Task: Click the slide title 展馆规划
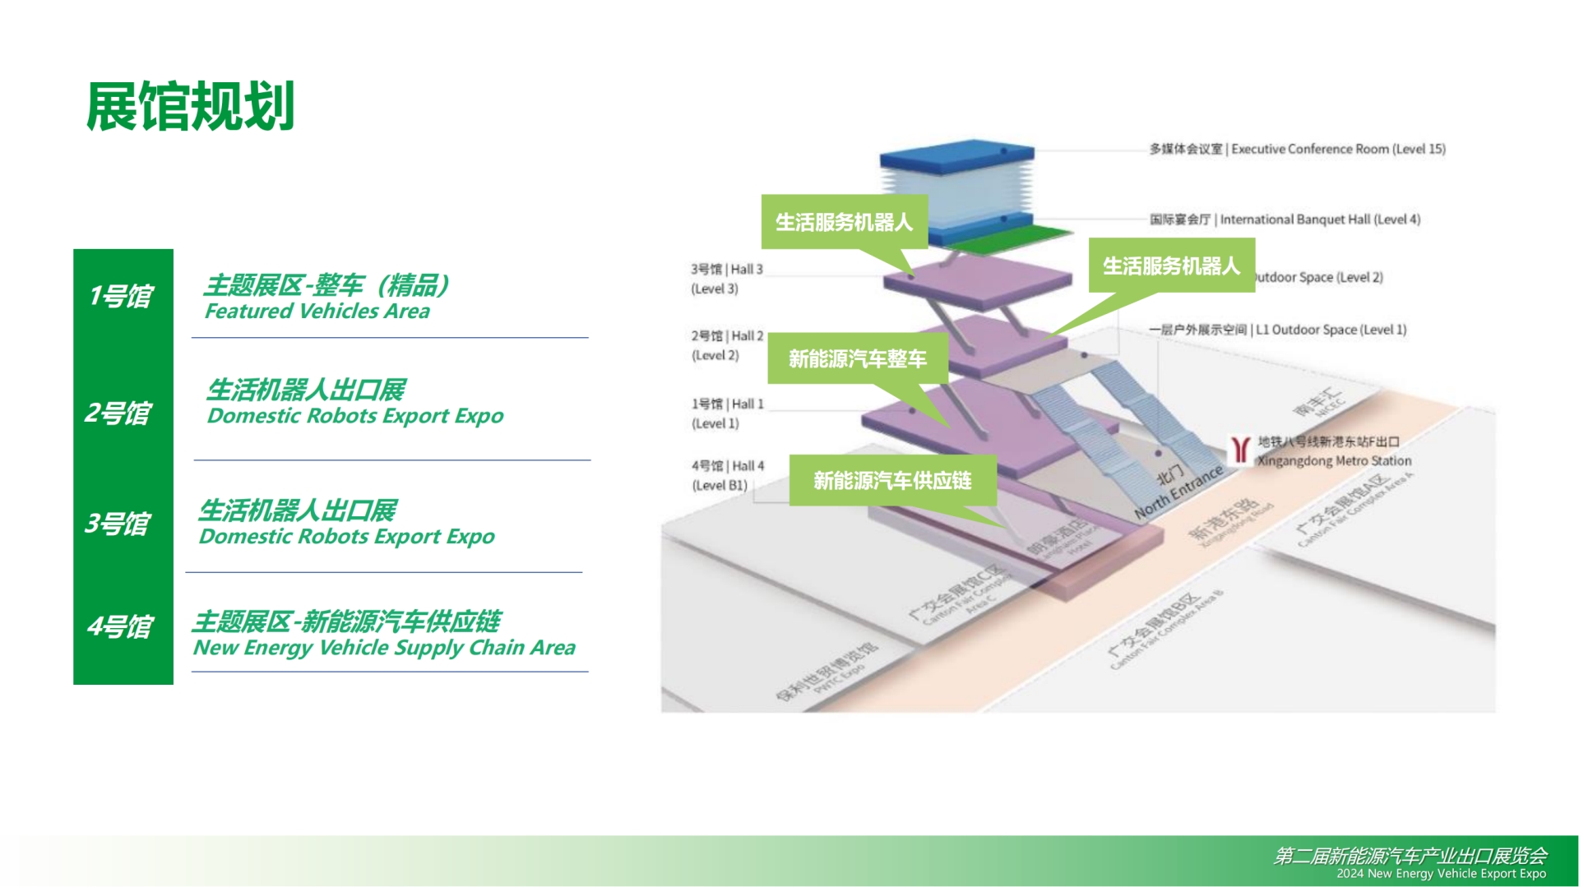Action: coord(190,107)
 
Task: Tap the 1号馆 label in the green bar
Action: coord(121,296)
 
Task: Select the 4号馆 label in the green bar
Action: coord(120,626)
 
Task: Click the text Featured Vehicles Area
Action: coord(317,312)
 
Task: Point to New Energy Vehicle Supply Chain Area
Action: coord(384,648)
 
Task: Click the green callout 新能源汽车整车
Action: coord(857,359)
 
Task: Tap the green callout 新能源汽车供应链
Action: coord(892,481)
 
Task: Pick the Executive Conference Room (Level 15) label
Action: coord(1297,149)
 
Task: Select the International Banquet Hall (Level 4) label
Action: coord(1285,219)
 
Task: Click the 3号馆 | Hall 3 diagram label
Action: coord(727,270)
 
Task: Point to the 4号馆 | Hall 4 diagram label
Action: coord(728,466)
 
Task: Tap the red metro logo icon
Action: coord(1240,450)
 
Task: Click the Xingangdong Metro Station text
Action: coord(1333,461)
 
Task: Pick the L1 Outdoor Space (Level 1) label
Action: coord(1278,330)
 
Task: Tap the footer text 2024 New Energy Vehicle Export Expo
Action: coord(1441,874)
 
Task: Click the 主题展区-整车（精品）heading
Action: coord(326,285)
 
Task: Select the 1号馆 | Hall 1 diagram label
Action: coord(727,404)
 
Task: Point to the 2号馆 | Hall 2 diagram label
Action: coord(727,336)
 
